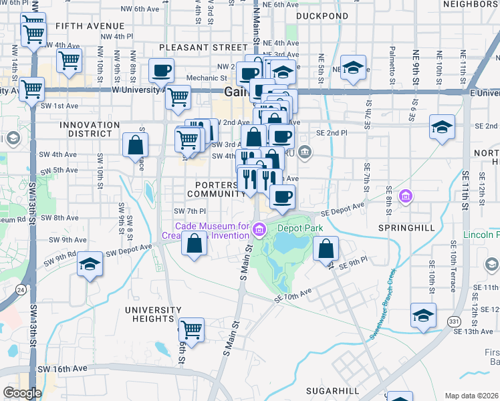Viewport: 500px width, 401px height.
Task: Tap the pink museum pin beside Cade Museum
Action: [x=259, y=229]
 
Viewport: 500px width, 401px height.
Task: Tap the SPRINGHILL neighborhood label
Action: [x=406, y=228]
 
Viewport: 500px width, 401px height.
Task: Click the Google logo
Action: [x=22, y=392]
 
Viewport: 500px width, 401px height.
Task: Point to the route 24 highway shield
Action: [x=21, y=289]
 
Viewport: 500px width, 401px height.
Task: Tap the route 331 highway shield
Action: [x=454, y=322]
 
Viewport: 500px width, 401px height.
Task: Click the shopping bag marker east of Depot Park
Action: [x=326, y=250]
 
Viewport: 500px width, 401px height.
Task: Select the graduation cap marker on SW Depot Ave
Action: [x=90, y=264]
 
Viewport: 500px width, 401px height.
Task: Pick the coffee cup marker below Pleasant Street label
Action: [x=162, y=70]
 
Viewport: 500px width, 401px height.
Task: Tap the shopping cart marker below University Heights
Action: [x=192, y=329]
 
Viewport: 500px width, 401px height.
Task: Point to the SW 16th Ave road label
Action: [x=62, y=368]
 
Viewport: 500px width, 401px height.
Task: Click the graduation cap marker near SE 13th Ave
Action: [x=423, y=315]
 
